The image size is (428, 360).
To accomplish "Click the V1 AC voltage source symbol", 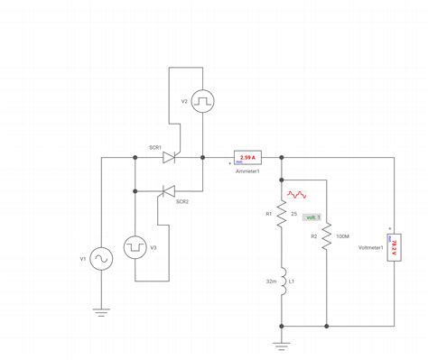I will (100, 259).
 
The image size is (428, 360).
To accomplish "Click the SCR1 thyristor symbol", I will (169, 157).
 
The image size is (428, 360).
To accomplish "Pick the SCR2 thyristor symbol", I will (167, 190).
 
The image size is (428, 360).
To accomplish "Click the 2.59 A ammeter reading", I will (247, 155).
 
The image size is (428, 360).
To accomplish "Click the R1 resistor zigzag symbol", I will (282, 214).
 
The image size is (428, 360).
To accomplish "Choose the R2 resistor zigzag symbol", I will (326, 236).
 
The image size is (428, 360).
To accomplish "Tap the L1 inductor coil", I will (282, 282).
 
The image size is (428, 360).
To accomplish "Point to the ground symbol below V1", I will (100, 311).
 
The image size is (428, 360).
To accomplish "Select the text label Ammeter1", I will (247, 170).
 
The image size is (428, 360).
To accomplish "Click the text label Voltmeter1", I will (371, 247).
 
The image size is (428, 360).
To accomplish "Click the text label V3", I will (154, 247).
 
